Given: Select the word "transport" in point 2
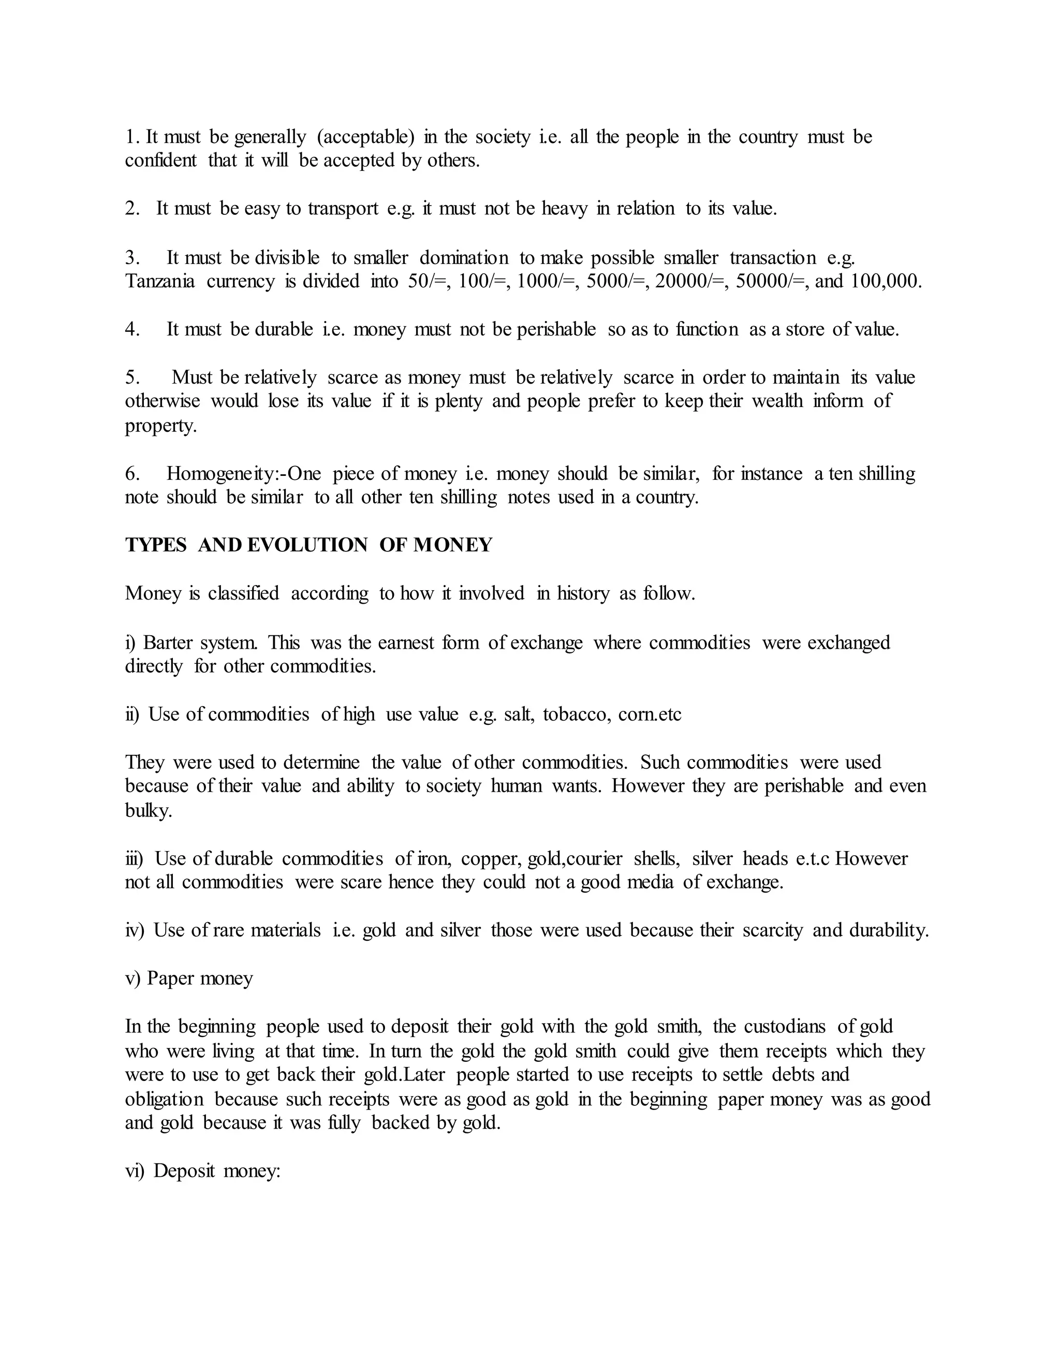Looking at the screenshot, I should click(x=343, y=209).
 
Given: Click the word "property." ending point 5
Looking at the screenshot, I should click(x=161, y=426).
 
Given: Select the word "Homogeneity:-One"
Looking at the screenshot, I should click(x=244, y=474).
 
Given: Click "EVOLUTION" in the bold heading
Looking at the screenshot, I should click(x=307, y=545).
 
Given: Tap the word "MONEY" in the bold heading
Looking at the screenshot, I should click(x=453, y=545).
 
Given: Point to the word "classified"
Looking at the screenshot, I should click(x=244, y=594).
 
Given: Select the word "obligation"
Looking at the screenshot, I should click(x=165, y=1099).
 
